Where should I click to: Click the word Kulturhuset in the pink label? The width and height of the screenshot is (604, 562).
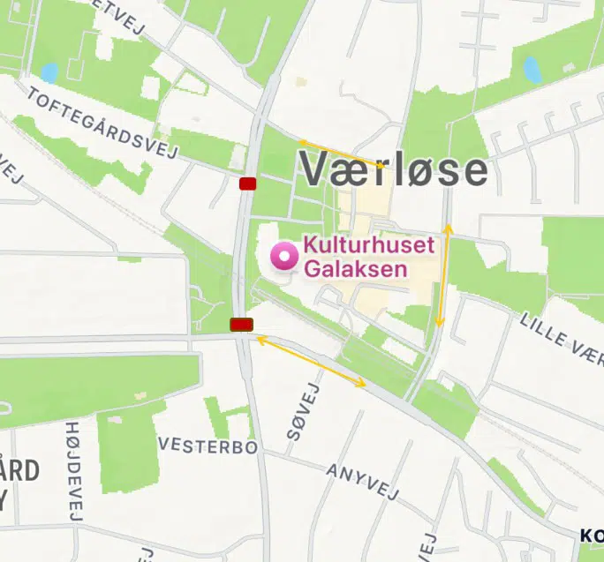click(369, 245)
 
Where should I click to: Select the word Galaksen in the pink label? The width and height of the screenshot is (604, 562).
click(356, 267)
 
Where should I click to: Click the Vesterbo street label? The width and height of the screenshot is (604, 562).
click(208, 447)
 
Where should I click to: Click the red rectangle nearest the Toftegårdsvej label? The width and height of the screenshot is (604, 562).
click(247, 184)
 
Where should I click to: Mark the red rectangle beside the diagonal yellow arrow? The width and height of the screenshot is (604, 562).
click(241, 325)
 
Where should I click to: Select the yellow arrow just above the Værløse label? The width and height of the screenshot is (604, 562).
click(341, 153)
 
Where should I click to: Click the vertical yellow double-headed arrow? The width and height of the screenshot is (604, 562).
click(444, 275)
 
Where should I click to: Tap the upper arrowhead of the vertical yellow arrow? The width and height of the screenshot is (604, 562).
click(449, 229)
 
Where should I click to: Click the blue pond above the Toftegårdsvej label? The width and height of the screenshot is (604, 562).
click(49, 72)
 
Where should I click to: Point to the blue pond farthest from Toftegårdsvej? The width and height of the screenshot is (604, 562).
click(532, 68)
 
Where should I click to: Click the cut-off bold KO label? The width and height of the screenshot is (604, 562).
click(592, 535)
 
